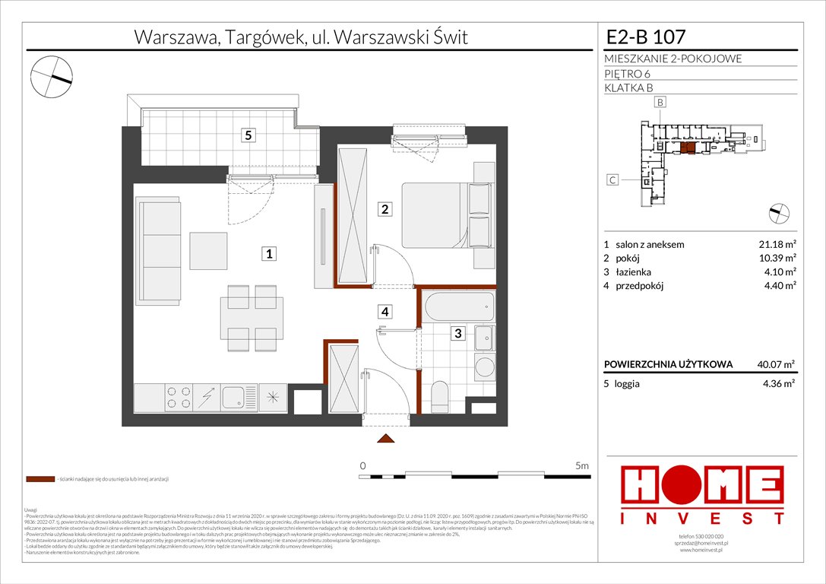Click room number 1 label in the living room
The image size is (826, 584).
pyautogui.click(x=269, y=255)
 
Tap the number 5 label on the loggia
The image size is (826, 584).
pyautogui.click(x=247, y=136)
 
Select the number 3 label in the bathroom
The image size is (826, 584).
pyautogui.click(x=457, y=332)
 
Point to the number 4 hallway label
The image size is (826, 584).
pyautogui.click(x=385, y=311)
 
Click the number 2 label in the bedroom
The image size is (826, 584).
pyautogui.click(x=385, y=209)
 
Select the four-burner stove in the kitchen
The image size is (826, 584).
pyautogui.click(x=178, y=398)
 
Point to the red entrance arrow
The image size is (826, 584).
pyautogui.click(x=385, y=440)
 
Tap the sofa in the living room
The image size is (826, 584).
pyautogui.click(x=158, y=249)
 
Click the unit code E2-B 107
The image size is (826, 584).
pyautogui.click(x=647, y=36)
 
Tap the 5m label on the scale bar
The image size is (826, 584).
pyautogui.click(x=581, y=465)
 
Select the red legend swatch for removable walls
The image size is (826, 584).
pyautogui.click(x=40, y=480)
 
